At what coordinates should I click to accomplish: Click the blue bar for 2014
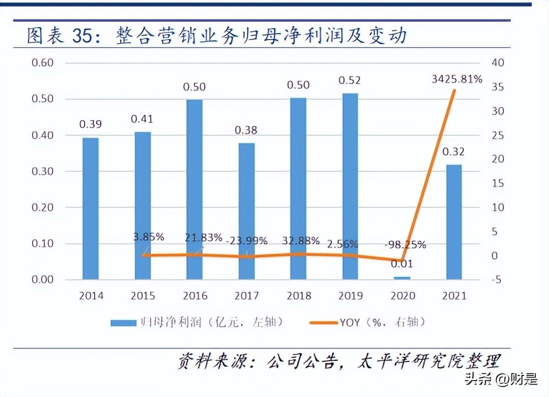click(x=91, y=208)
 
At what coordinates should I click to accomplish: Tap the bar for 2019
click(x=350, y=186)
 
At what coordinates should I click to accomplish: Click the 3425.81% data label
click(x=457, y=79)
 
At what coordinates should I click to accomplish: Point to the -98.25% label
click(x=406, y=245)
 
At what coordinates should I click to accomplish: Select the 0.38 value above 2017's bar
click(x=246, y=130)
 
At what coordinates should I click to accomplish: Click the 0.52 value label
click(x=350, y=80)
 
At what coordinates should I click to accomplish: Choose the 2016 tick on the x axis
click(x=195, y=296)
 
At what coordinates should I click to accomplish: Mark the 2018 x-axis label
click(x=299, y=296)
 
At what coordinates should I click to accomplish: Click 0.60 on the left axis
click(x=42, y=63)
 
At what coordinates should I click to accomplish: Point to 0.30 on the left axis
click(x=42, y=171)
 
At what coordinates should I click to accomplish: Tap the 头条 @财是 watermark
click(x=501, y=378)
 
